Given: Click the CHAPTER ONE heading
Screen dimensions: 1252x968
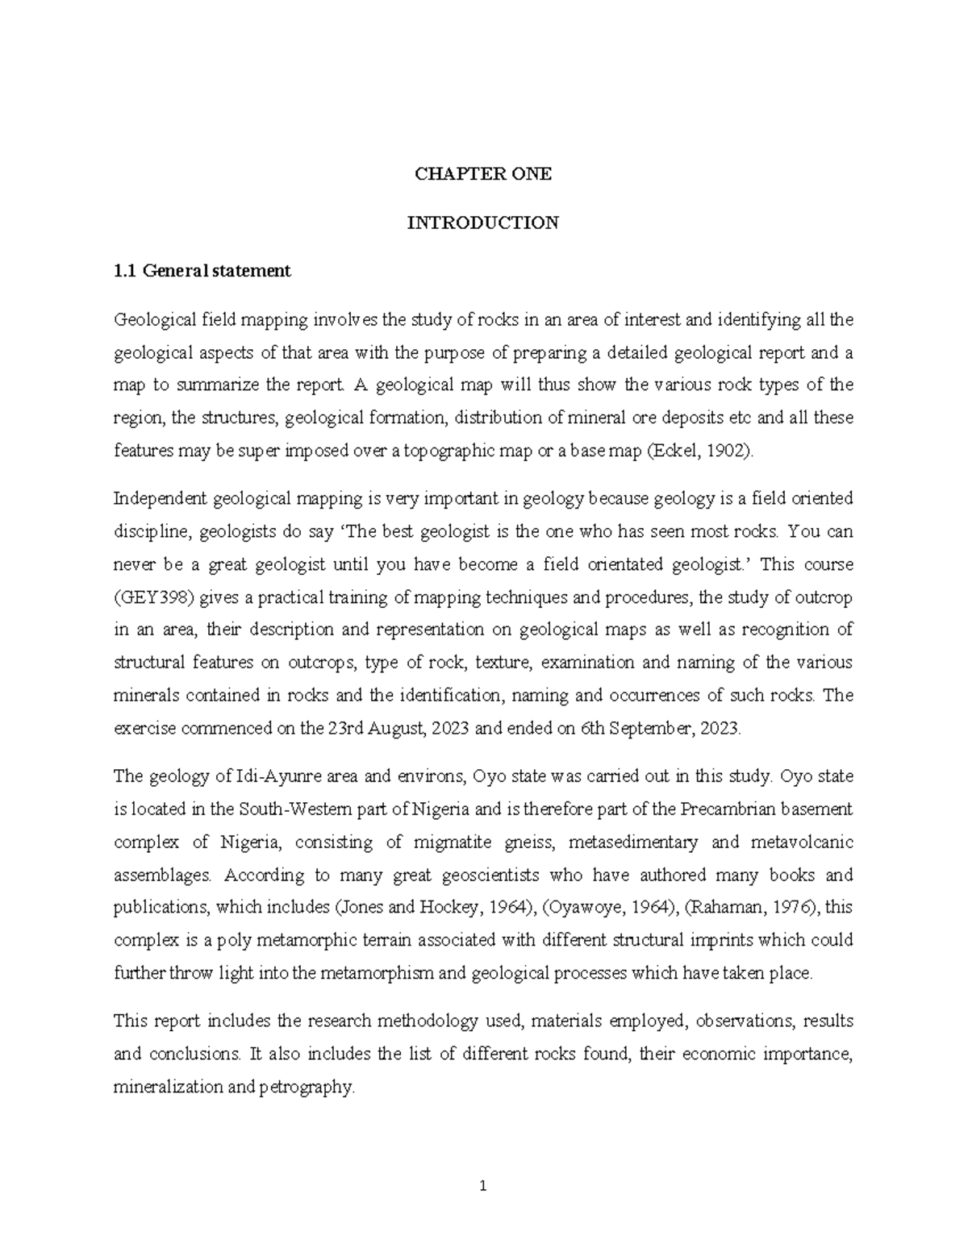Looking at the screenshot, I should [x=482, y=174].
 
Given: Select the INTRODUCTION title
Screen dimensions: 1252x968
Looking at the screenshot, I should [x=482, y=223].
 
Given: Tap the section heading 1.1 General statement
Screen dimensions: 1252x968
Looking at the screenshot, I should [x=202, y=272].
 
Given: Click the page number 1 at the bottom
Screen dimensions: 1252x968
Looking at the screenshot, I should [x=483, y=1186].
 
